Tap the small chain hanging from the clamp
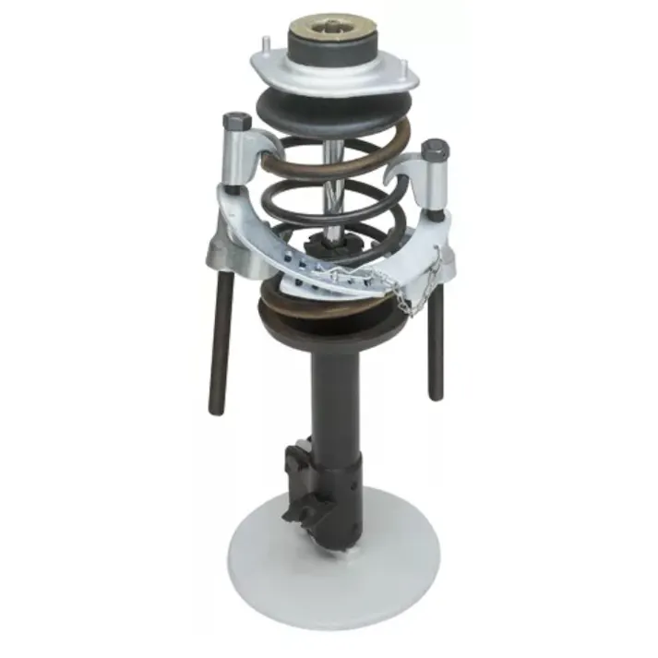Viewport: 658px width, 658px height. coord(401,295)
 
